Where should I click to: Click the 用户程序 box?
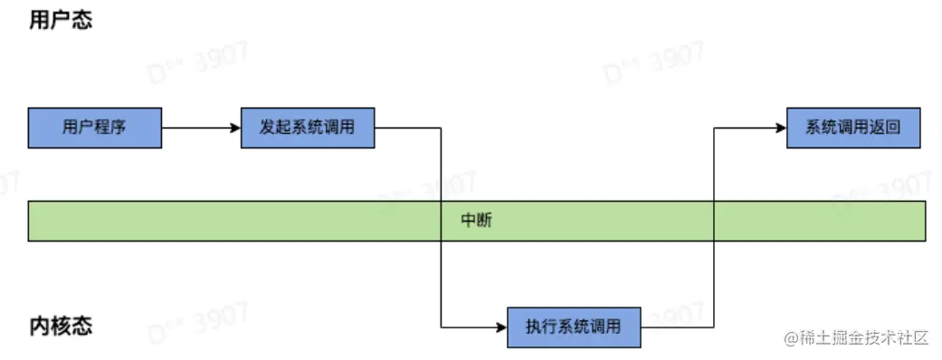pyautogui.click(x=94, y=128)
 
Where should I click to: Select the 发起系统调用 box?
pyautogui.click(x=308, y=128)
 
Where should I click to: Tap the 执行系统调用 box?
pyautogui.click(x=574, y=327)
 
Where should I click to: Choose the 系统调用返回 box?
pyautogui.click(x=853, y=128)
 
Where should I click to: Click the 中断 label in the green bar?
pyautogui.click(x=477, y=221)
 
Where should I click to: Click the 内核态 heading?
pyautogui.click(x=61, y=326)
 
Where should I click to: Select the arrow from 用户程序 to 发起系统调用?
pyautogui.click(x=200, y=128)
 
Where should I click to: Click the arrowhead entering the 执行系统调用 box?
pyautogui.click(x=500, y=327)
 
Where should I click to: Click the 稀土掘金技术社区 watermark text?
pyautogui.click(x=857, y=338)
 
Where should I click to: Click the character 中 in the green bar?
pyautogui.click(x=469, y=221)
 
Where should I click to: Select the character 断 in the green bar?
pyautogui.click(x=485, y=221)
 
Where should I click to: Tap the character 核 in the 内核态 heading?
pyautogui.click(x=61, y=326)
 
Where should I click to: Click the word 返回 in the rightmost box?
pyautogui.click(x=886, y=128)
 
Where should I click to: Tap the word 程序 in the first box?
pyautogui.click(x=109, y=128)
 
